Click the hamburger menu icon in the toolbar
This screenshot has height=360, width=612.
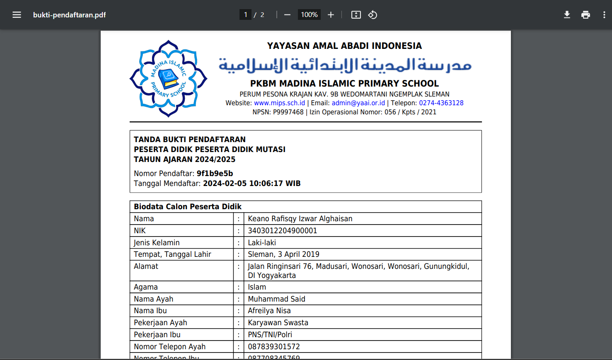pos(17,15)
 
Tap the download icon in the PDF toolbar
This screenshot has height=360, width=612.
pos(567,15)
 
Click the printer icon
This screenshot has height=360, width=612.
pos(585,15)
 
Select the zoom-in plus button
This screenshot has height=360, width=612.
pos(331,15)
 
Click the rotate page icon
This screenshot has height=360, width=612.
pos(373,15)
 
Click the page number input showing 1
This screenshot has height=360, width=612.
pos(245,15)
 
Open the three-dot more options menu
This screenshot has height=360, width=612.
pos(604,15)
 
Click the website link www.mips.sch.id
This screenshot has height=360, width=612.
pos(279,103)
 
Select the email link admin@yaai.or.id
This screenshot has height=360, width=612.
pos(358,103)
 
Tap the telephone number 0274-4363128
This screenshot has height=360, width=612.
pos(441,103)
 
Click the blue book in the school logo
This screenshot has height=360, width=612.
pos(169,78)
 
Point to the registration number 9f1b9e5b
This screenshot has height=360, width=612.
pos(215,174)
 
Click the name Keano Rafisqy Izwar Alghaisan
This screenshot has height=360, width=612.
pos(300,219)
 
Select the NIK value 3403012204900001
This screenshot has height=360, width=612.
pos(282,231)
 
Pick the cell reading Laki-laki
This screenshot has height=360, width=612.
pos(262,243)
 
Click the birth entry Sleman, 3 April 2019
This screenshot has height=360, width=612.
pos(283,254)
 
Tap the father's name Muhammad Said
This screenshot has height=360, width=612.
pos(276,299)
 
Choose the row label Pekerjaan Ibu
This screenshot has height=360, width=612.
pos(157,335)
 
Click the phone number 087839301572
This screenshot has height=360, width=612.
pos(273,347)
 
